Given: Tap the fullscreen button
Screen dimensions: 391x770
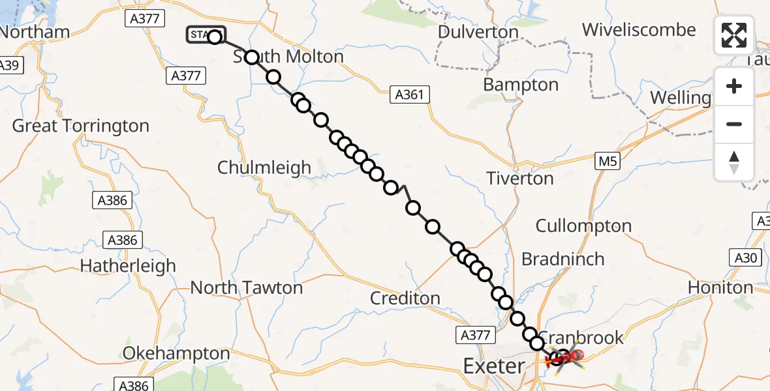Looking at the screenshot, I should [734, 35].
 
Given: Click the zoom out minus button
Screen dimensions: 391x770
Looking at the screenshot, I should [734, 124].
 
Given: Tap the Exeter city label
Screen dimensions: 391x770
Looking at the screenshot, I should [493, 366].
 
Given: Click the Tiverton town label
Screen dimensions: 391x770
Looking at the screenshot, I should [520, 178].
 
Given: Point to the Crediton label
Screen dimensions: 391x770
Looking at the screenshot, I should [405, 298].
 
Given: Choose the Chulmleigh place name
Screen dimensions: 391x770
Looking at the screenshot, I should [264, 167].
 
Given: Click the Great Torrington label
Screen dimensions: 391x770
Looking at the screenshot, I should [81, 126].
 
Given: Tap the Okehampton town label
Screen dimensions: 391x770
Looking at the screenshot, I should [176, 354].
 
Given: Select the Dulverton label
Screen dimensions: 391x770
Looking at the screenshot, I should [478, 32].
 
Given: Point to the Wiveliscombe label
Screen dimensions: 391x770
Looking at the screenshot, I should [639, 30].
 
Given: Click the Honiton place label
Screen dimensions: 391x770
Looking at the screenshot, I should [720, 287].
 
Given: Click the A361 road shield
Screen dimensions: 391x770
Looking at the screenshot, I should [409, 95].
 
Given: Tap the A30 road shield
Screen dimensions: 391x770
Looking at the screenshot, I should [745, 258].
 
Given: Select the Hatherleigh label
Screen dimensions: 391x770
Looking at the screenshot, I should [128, 266].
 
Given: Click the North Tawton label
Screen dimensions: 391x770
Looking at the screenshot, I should [247, 287].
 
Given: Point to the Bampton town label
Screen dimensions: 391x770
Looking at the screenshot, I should [521, 85].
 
